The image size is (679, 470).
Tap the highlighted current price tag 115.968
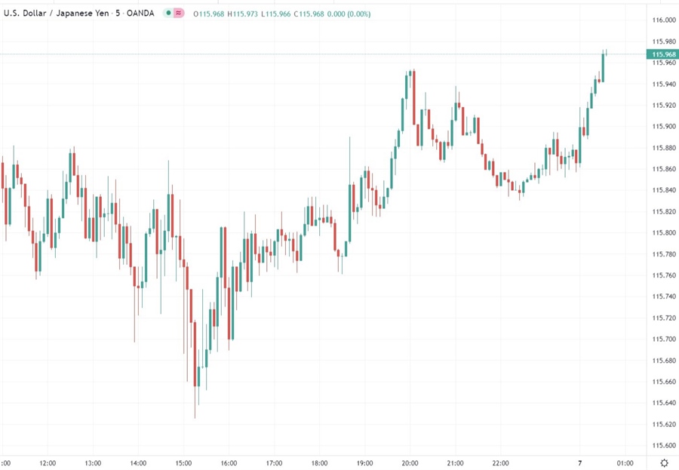click(x=662, y=54)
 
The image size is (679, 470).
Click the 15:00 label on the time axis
click(x=184, y=462)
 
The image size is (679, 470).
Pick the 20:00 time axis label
click(x=410, y=462)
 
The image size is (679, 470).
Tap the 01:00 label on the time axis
click(x=625, y=462)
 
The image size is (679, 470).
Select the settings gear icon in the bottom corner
click(x=664, y=462)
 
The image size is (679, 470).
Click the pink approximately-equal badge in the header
click(x=179, y=14)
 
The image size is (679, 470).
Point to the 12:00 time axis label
click(x=48, y=462)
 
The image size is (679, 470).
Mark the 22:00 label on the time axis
click(x=501, y=462)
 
